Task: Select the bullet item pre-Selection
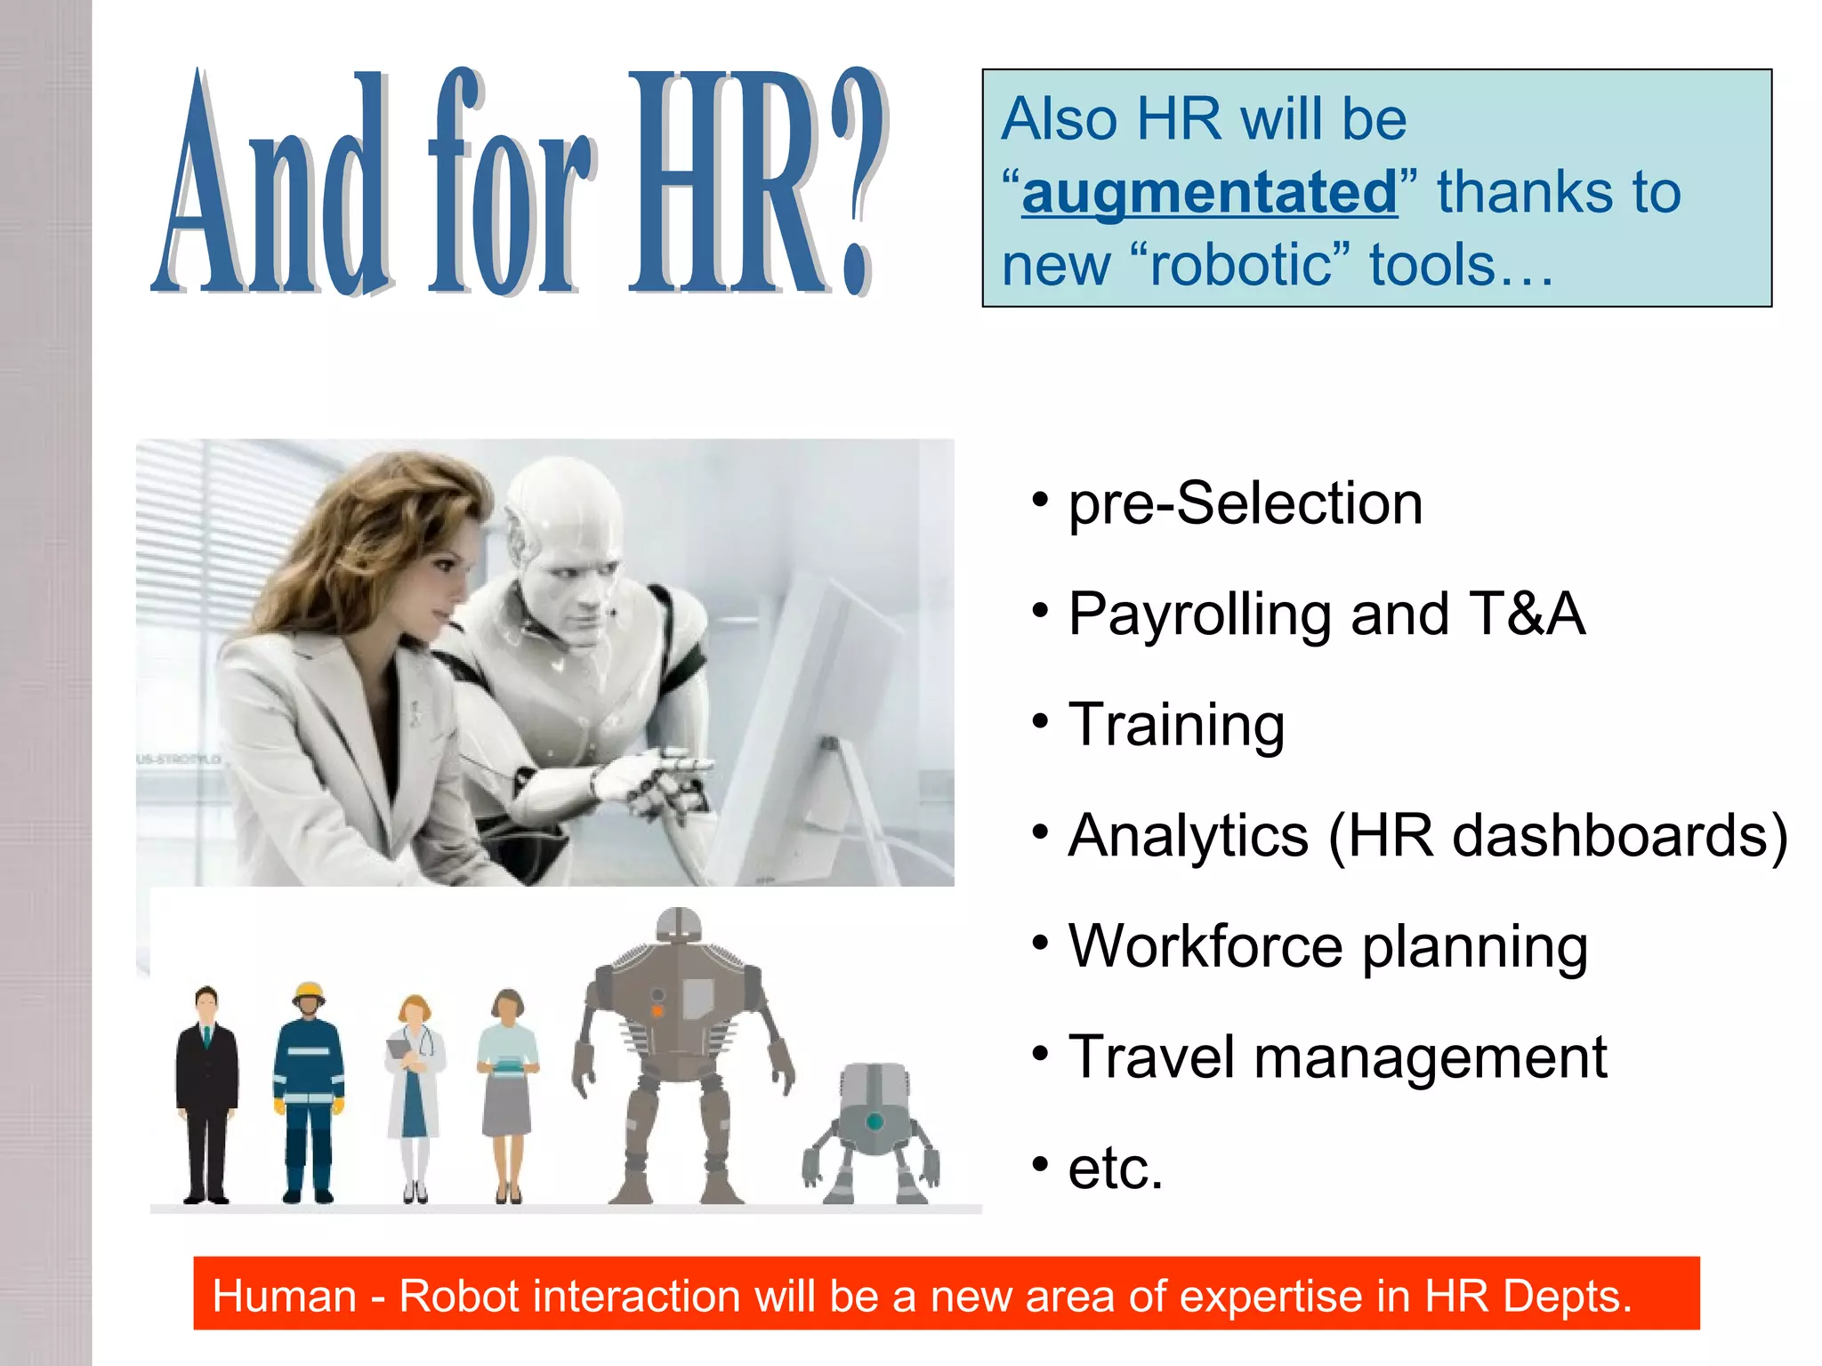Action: (1245, 503)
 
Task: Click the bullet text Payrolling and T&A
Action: (1326, 614)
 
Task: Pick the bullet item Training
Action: (1176, 724)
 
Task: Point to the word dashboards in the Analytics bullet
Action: (1619, 835)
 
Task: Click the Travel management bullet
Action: (1337, 1057)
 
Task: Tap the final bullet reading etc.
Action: (1115, 1168)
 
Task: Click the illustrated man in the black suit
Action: (206, 1094)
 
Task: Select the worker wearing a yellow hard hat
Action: (308, 1094)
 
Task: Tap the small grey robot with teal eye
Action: (872, 1134)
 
